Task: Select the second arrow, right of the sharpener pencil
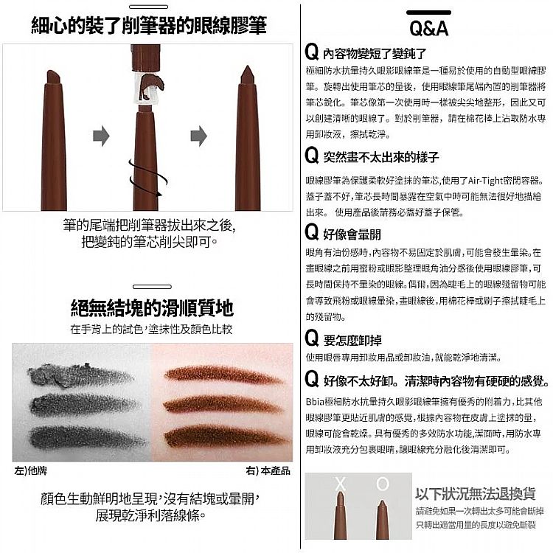click(198, 135)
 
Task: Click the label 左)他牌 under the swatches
click(31, 470)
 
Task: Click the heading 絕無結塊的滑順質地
click(152, 307)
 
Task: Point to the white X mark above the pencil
click(340, 484)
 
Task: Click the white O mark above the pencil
click(382, 484)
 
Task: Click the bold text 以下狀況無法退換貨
click(475, 493)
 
